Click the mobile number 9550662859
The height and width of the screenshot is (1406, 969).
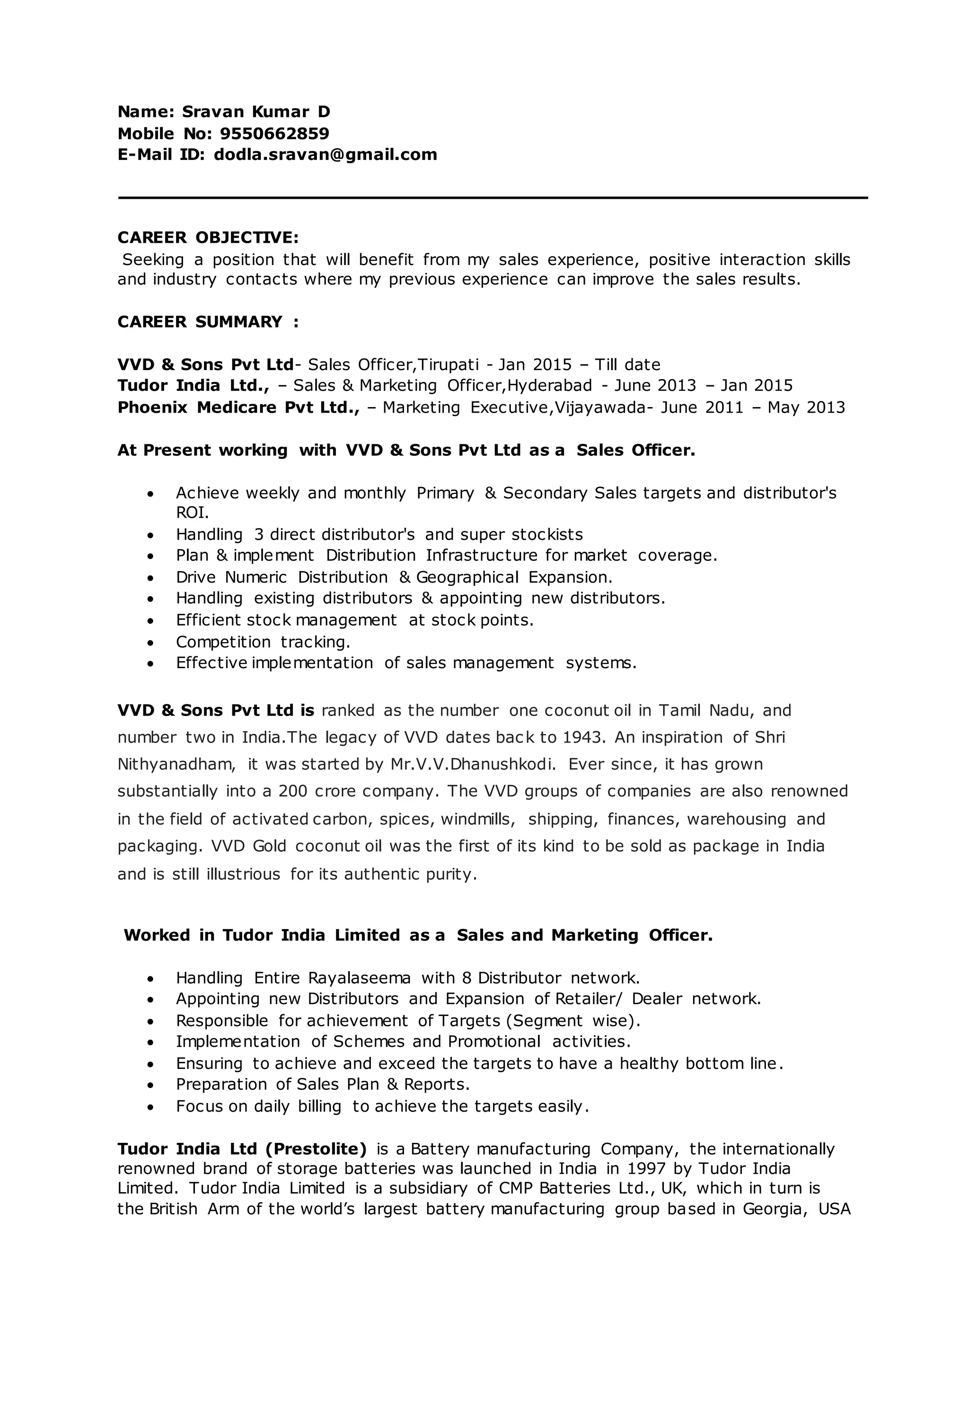tap(274, 133)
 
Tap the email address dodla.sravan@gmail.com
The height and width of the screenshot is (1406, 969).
tap(326, 155)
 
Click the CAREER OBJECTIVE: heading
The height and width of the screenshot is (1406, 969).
tap(208, 238)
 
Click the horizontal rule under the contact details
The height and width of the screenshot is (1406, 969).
tap(493, 198)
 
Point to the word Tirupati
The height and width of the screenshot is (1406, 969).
tap(449, 365)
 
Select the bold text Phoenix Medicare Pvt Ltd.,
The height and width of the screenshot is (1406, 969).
tap(238, 407)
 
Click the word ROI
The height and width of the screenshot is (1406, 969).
tap(192, 513)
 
